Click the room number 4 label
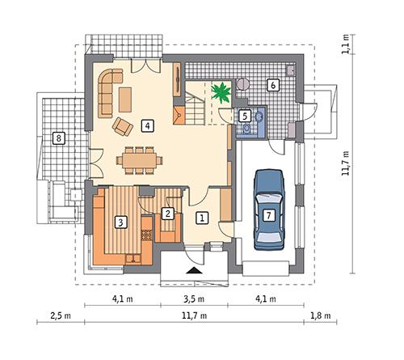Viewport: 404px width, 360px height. click(x=146, y=125)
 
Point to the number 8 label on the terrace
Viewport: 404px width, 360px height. click(x=57, y=138)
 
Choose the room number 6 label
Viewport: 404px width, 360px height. click(x=273, y=84)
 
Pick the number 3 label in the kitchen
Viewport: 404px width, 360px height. click(x=120, y=221)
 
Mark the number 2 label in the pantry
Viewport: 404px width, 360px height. click(x=167, y=214)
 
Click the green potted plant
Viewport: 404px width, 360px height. click(x=219, y=91)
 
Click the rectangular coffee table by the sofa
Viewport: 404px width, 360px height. click(x=125, y=99)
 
